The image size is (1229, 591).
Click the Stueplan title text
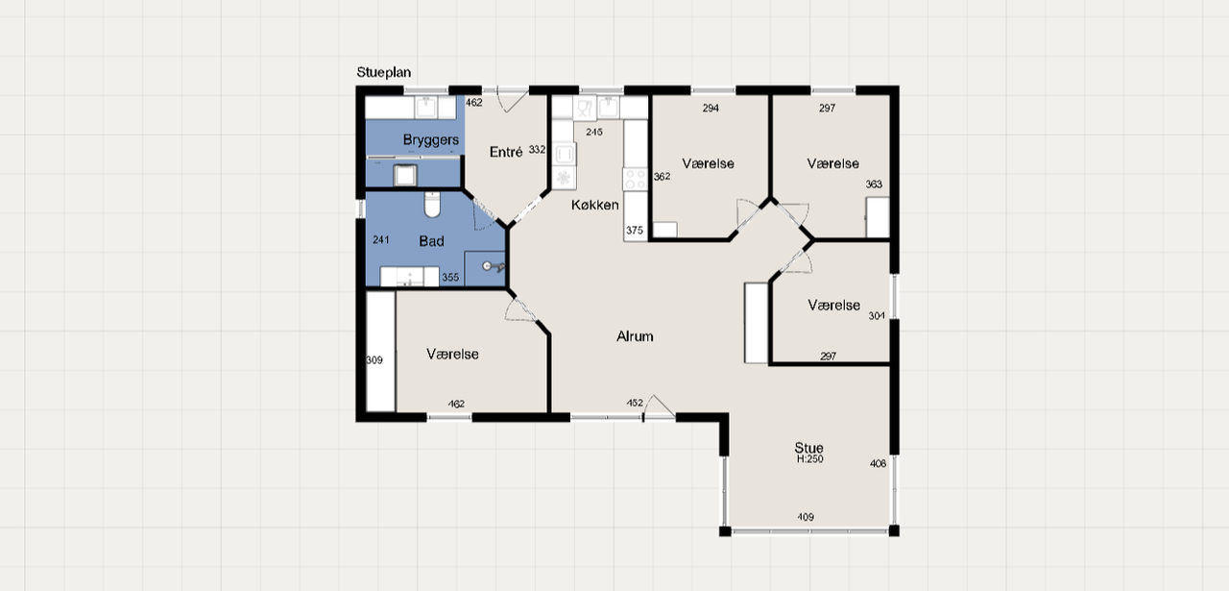[x=383, y=72]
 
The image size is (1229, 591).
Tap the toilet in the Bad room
[x=432, y=205]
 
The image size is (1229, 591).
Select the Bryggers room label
[x=431, y=140]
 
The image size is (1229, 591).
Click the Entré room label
[x=506, y=152]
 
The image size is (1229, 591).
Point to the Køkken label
[x=594, y=205]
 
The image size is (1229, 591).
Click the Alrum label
[x=635, y=336]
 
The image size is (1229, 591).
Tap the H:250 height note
[x=809, y=459]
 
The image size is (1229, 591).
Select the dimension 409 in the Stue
[x=806, y=517]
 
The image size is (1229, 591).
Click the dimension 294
[x=711, y=109]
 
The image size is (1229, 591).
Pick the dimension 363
[x=874, y=185]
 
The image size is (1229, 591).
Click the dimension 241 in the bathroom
[x=381, y=239]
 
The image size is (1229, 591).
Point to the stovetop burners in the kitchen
[x=636, y=179]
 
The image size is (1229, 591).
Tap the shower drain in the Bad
[x=487, y=266]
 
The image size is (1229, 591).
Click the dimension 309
[x=374, y=360]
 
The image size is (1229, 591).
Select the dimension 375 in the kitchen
[x=635, y=230]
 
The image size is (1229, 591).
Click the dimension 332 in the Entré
[x=537, y=149]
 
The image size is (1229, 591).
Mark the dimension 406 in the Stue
[x=878, y=463]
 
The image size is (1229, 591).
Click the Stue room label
[x=808, y=448]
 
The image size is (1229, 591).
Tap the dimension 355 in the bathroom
[x=450, y=278]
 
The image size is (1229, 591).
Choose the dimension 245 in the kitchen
[x=594, y=132]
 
